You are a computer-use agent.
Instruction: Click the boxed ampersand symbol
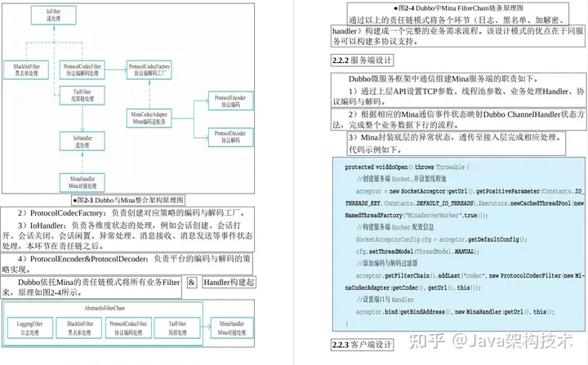coord(191,282)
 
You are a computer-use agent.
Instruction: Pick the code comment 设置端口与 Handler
coord(384,299)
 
